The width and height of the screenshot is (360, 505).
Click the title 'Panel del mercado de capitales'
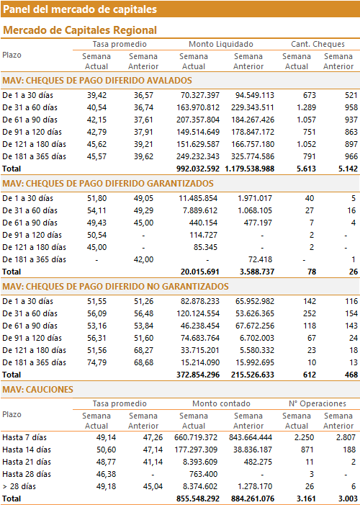coord(80,9)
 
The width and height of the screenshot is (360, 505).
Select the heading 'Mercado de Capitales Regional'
coord(80,30)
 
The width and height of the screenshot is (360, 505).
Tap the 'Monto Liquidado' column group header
coord(221,44)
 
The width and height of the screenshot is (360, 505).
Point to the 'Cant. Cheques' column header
coord(318,44)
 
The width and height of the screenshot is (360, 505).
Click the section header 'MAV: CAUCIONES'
coord(37,390)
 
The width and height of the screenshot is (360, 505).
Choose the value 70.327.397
coord(198,95)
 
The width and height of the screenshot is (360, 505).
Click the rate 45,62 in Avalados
coord(96,144)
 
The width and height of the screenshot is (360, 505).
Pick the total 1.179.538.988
coord(250,169)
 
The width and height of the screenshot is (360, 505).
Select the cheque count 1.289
coord(306,107)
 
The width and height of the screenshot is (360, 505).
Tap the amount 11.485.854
coord(198,198)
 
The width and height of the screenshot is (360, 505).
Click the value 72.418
coord(260,259)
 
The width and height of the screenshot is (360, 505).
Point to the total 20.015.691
coord(200,272)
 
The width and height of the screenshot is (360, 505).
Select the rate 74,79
coord(96,362)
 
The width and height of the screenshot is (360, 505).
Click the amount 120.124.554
coord(198,313)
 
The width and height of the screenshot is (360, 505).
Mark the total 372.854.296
coord(198,375)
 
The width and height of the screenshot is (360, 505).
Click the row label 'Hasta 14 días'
coord(27,450)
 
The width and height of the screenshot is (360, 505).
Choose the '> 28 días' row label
coord(19,486)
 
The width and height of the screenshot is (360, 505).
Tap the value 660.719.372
coord(196,437)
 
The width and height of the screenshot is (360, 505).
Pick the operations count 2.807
coord(346,437)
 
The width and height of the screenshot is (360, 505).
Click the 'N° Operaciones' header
coord(318,403)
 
